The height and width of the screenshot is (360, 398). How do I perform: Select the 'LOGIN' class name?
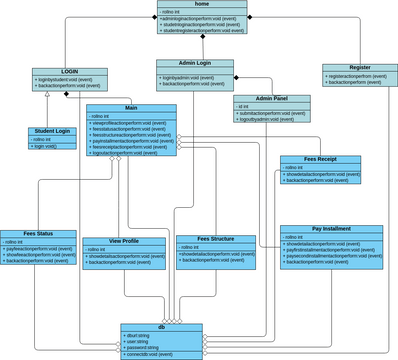(x=69, y=71)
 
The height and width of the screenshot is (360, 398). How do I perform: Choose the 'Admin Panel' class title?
(x=271, y=98)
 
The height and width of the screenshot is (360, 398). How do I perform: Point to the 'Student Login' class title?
(x=51, y=131)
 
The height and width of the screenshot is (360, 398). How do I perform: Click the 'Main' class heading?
(x=131, y=107)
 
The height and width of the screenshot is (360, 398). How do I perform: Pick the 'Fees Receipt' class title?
(x=320, y=159)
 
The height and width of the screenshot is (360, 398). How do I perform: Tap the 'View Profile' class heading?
(x=124, y=241)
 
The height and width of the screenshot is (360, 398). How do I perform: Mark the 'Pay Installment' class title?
(x=331, y=228)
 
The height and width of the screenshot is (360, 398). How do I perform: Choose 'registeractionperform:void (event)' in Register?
(x=356, y=76)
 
